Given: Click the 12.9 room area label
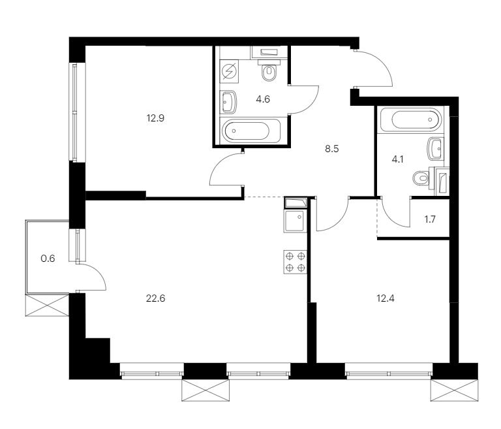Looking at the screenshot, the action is pos(155,118).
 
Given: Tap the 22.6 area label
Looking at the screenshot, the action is pos(155,298).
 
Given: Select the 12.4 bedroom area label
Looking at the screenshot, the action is pos(386,298).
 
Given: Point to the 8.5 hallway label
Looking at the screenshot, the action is pos(331,149).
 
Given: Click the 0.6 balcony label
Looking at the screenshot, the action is pos(48,258).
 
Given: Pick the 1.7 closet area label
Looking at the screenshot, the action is pos(430,219).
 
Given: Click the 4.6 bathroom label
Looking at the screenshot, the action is pos(263,99).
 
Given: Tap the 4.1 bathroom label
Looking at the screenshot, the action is pos(397,159).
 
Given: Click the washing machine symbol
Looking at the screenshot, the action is pos(229,71).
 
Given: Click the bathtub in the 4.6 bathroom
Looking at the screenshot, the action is pos(250,131).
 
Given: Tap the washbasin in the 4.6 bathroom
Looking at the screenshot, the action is pos(228,102).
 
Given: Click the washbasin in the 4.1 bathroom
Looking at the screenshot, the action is pos(434,149).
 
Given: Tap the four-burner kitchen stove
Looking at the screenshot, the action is pos(296,262).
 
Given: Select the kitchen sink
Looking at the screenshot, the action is pos(295,221).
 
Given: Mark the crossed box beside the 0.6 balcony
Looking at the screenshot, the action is pos(47,306).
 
